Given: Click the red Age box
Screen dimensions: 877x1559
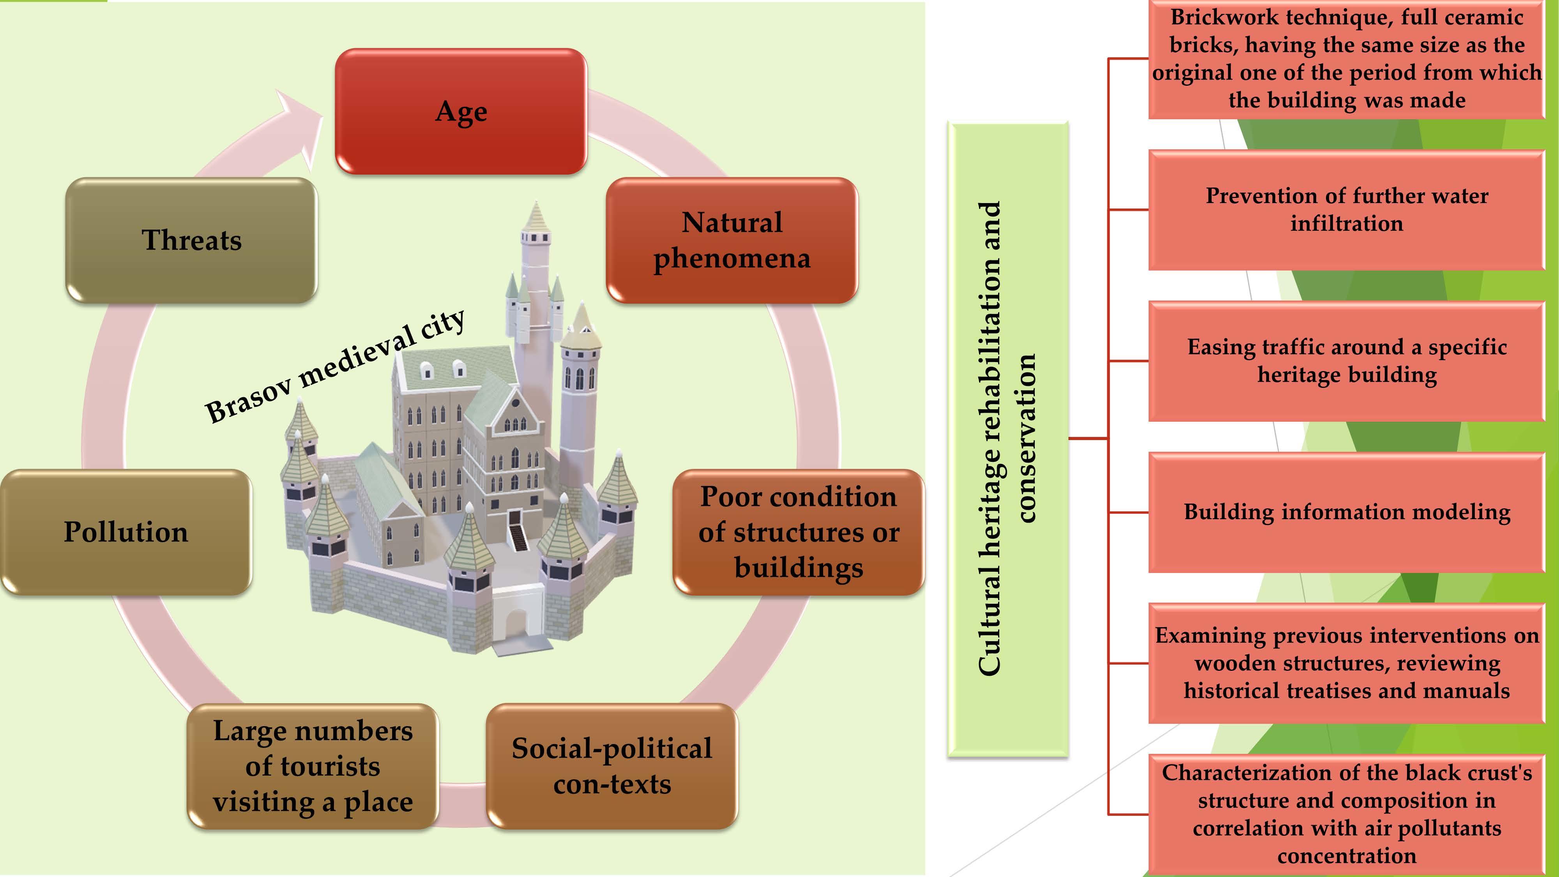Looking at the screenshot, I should (461, 111).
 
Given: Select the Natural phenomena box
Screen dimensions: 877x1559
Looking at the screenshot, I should (732, 240).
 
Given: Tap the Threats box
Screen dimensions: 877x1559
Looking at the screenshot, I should (191, 240).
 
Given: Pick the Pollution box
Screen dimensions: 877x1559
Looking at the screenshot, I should (126, 532).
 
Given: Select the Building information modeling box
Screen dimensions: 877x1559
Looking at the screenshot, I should (1347, 512).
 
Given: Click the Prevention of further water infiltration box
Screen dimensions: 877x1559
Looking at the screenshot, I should (1347, 209).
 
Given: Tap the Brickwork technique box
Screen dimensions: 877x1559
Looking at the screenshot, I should (1347, 59).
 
